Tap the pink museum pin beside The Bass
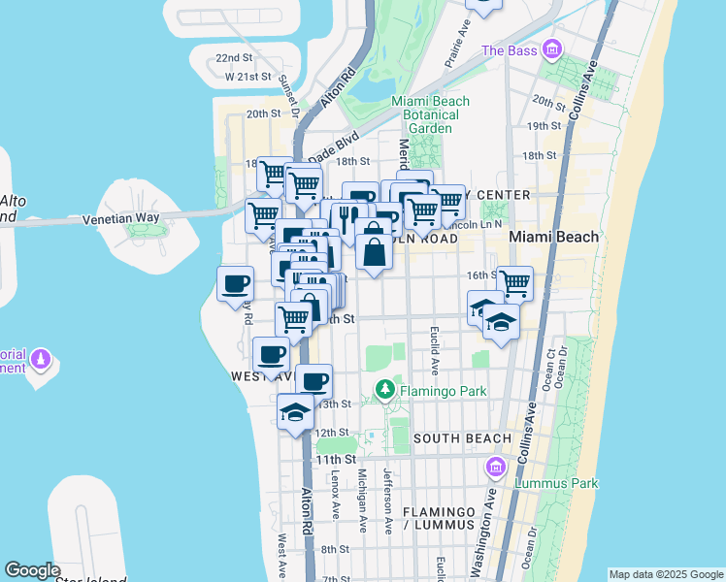552,48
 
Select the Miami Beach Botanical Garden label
430,114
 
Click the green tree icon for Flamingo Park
385,390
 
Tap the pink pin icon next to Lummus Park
497,469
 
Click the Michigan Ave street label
362,501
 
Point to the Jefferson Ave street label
387,501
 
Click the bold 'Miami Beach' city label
567,237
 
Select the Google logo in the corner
33,570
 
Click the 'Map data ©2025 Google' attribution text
666,574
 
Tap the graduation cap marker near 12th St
295,411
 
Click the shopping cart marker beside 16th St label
514,282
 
